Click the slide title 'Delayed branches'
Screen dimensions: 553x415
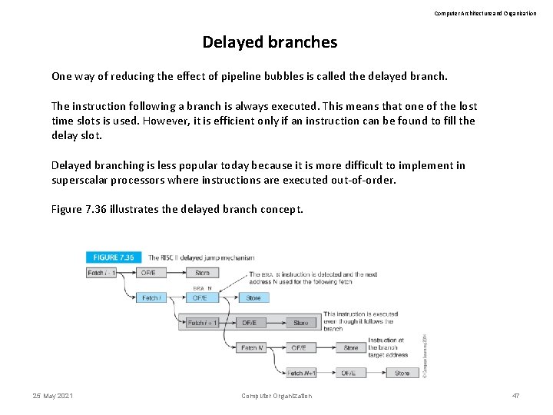pyautogui.click(x=270, y=42)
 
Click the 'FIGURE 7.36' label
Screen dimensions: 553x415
pyautogui.click(x=114, y=257)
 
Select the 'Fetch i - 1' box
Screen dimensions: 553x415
pyautogui.click(x=102, y=272)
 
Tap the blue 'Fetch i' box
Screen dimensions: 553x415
pyautogui.click(x=151, y=297)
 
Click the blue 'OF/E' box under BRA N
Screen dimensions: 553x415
pyautogui.click(x=200, y=297)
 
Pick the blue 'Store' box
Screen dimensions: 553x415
pyautogui.click(x=253, y=297)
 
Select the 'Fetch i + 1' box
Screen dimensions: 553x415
pyautogui.click(x=202, y=323)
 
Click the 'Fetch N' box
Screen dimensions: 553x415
pyautogui.click(x=253, y=347)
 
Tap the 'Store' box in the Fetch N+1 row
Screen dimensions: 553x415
pyautogui.click(x=402, y=373)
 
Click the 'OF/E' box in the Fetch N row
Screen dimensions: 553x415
pyautogui.click(x=299, y=347)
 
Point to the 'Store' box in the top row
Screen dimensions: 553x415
pyautogui.click(x=202, y=272)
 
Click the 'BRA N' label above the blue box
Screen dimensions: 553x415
pyautogui.click(x=202, y=288)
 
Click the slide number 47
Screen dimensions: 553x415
pyautogui.click(x=515, y=396)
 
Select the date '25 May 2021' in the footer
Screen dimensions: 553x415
pyautogui.click(x=53, y=396)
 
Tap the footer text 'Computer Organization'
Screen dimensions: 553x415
pyautogui.click(x=276, y=396)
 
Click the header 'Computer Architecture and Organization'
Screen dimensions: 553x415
pyautogui.click(x=485, y=13)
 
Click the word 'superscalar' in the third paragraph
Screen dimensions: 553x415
pyautogui.click(x=81, y=180)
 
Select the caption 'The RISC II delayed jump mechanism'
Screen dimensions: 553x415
pyautogui.click(x=201, y=257)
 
